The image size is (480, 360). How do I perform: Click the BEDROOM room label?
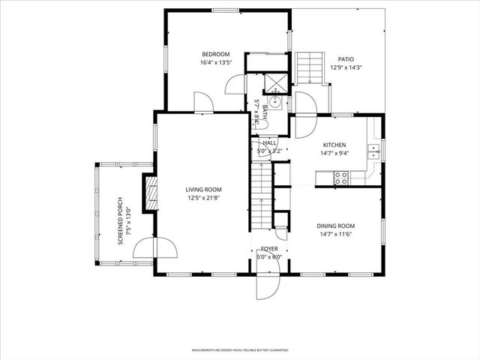pos(215,54)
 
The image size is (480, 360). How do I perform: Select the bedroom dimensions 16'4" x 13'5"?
pos(215,63)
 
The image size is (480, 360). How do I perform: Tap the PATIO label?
pos(346,59)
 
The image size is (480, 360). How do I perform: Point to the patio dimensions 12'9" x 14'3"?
pos(346,67)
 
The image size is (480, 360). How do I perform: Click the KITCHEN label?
pos(334,145)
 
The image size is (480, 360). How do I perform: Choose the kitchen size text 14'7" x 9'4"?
pos(334,153)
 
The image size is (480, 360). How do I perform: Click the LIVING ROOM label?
pos(204,190)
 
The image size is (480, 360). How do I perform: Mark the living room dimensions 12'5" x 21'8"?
pos(204,199)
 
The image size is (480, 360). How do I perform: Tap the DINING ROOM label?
pos(334,226)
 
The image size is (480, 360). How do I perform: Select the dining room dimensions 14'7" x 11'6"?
pos(334,235)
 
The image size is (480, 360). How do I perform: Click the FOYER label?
pos(269,248)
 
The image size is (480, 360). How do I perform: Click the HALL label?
pos(269,142)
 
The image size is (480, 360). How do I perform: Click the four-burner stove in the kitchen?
pos(340,178)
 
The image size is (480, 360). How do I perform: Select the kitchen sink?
pos(373,152)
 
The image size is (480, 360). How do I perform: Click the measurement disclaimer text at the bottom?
pos(240,349)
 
